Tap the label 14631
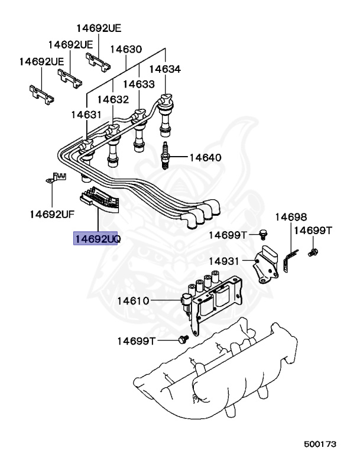click(x=86, y=115)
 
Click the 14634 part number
click(x=164, y=70)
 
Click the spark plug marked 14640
click(x=166, y=157)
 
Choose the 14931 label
click(x=225, y=261)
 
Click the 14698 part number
click(x=290, y=217)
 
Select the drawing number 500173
click(x=321, y=442)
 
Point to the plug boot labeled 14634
click(x=165, y=112)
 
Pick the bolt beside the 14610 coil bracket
click(x=183, y=340)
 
